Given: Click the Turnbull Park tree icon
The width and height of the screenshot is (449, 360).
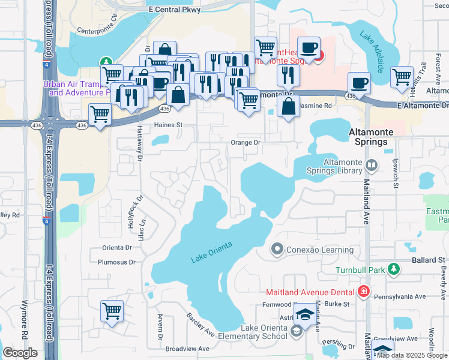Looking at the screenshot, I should [393, 269].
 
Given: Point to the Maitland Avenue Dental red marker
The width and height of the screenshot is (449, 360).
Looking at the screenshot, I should [363, 292].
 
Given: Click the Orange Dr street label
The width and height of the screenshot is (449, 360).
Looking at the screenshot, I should [245, 143].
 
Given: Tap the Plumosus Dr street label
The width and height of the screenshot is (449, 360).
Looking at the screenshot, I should [117, 262].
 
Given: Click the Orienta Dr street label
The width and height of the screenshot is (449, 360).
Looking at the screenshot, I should [117, 247].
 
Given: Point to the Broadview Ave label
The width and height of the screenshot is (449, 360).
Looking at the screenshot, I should [187, 349].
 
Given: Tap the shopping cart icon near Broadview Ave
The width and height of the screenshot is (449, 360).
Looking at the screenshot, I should [112, 311].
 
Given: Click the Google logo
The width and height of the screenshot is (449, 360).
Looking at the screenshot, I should [20, 353].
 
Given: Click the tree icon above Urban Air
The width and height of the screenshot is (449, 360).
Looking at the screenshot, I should [106, 61].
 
